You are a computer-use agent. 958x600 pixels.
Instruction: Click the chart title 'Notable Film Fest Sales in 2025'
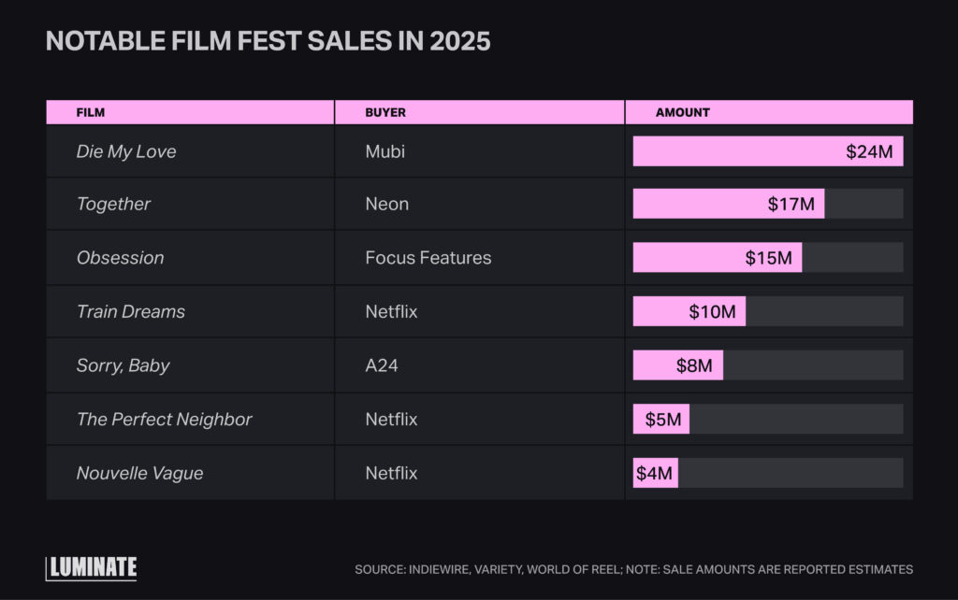pos(268,42)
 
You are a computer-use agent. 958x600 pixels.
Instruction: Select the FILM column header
pos(90,112)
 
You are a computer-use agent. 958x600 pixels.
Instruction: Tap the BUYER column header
pos(385,112)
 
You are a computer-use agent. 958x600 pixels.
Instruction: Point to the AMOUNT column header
pos(682,112)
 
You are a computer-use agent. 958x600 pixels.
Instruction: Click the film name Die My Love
pos(125,151)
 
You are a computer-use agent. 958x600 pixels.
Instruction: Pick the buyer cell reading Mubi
pos(385,151)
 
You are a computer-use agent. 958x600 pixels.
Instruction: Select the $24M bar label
pos(869,151)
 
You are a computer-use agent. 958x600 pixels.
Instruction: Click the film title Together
pos(113,204)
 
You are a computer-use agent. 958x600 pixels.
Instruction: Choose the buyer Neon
pos(386,204)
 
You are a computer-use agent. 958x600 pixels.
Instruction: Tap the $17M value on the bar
pos(791,204)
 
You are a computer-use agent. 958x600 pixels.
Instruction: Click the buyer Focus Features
pos(428,258)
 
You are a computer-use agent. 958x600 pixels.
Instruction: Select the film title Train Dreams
pos(130,311)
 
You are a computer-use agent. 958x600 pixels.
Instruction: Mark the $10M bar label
pos(712,311)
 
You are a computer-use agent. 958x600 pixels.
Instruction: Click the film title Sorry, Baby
pos(123,365)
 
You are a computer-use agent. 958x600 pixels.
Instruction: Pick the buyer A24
pos(381,365)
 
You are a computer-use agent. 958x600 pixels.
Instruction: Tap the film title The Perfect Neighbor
pos(164,420)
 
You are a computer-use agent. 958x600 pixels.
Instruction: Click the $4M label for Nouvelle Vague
pos(654,473)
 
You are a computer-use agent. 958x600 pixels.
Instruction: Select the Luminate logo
pos(92,567)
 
